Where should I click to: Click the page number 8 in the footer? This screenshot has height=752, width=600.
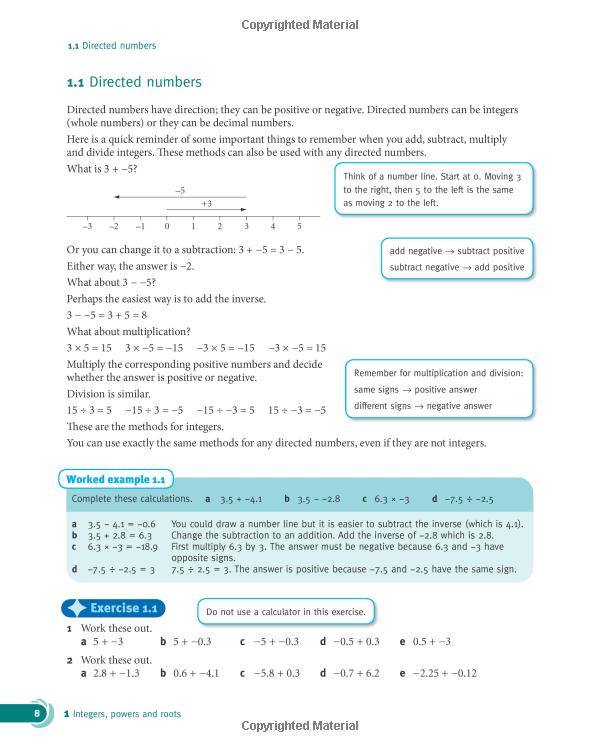[37, 714]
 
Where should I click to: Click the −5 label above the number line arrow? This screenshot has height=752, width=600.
[180, 189]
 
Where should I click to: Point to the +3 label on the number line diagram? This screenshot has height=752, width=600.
[206, 204]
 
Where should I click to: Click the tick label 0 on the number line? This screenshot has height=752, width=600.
[167, 227]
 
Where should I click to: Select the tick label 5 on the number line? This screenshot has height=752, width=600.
[299, 227]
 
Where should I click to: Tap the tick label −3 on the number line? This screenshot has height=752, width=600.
[87, 227]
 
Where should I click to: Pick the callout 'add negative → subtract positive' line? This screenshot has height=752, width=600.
[456, 251]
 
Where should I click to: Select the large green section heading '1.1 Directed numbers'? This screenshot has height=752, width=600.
[134, 83]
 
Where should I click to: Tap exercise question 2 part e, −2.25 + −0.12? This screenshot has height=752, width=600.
[438, 673]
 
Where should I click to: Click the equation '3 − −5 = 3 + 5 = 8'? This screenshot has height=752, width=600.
[107, 315]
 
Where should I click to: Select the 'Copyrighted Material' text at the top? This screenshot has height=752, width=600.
[299, 26]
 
